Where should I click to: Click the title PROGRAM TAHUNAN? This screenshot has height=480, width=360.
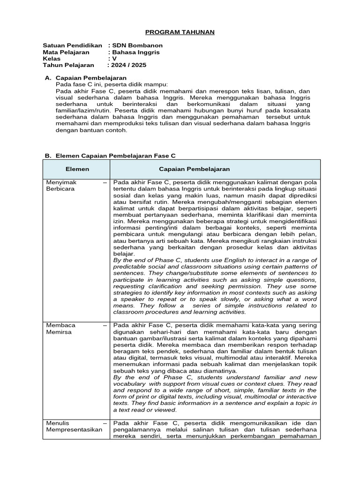(x=180, y=32)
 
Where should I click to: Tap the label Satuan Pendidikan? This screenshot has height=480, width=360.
(x=72, y=45)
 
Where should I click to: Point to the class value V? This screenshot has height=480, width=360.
(x=114, y=59)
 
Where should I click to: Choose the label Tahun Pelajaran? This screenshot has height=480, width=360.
(x=68, y=65)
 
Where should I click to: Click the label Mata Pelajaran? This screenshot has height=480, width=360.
(x=66, y=52)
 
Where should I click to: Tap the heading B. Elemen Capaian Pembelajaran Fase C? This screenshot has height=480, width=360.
(x=110, y=155)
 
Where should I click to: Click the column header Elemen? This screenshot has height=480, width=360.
(x=77, y=169)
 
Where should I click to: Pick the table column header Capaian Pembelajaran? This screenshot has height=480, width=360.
(x=194, y=169)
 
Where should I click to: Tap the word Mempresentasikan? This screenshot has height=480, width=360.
(x=74, y=429)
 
